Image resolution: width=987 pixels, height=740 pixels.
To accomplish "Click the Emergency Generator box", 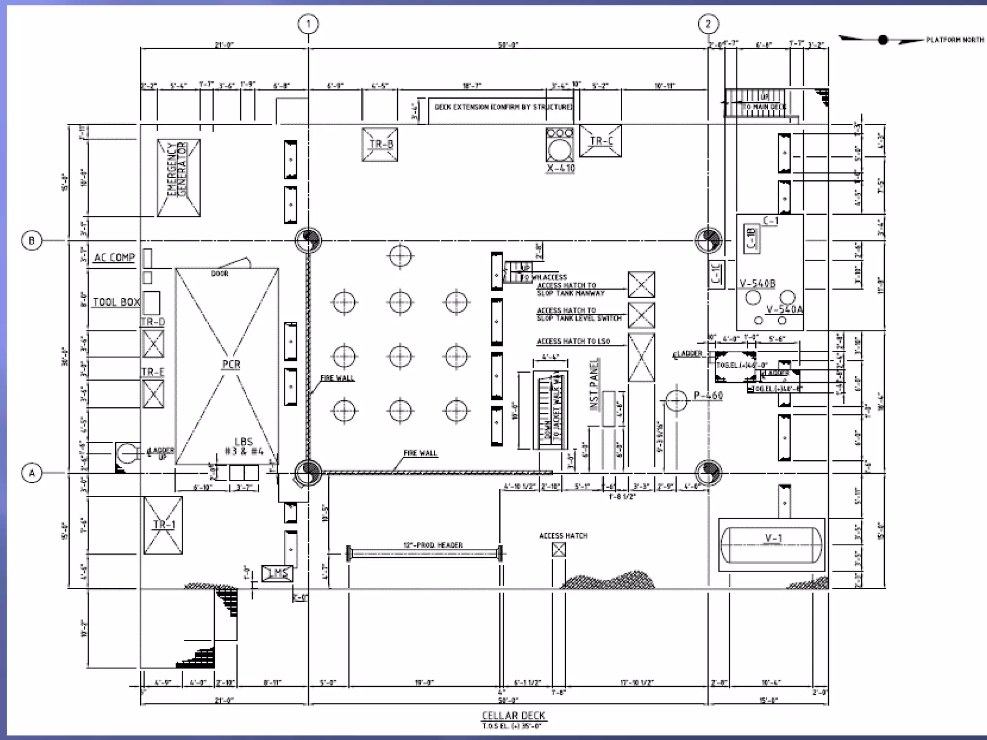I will pos(178,178).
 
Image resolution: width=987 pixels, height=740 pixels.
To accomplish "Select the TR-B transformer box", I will pos(380,144).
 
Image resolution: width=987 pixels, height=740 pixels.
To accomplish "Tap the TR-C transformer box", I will pos(600,141).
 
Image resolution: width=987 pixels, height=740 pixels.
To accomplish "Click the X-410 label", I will pos(560,169).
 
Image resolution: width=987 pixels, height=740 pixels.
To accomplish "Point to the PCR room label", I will pos(231,365).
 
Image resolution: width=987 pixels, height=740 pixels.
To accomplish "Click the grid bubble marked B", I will pos(32,240).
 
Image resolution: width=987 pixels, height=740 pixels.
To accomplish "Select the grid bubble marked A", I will pos(32,473).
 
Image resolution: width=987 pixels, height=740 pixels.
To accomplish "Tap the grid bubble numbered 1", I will pos(308,24).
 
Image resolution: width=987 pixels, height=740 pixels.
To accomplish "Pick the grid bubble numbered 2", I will pos(708,24).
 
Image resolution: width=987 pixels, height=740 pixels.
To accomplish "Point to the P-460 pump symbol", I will pos(676,401).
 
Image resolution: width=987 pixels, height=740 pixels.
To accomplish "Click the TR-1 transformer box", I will pos(163,525).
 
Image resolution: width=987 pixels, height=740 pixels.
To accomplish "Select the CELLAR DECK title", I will pos(513,715).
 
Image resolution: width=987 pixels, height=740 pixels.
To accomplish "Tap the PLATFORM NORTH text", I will pos(955,40).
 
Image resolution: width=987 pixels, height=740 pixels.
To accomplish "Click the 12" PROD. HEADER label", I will pos(433,545).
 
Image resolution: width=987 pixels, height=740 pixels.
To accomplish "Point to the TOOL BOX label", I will pos(116,302).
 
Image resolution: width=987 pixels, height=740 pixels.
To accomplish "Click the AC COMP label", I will pos(115,257).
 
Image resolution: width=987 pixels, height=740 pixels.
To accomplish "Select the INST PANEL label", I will pos(595,384).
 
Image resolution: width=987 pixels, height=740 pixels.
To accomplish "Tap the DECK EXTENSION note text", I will pos(503,107).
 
